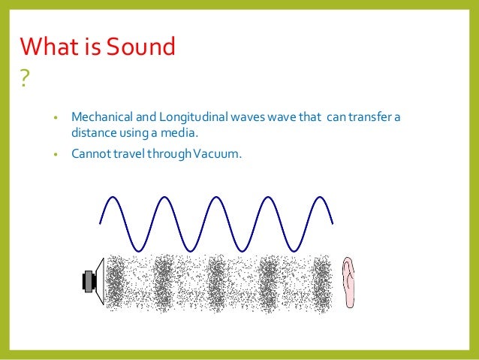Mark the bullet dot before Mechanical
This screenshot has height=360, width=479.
click(56, 119)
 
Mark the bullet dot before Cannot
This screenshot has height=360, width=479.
click(56, 156)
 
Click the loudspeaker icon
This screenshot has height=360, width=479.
click(92, 282)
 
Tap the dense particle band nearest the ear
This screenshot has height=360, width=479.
click(321, 282)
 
